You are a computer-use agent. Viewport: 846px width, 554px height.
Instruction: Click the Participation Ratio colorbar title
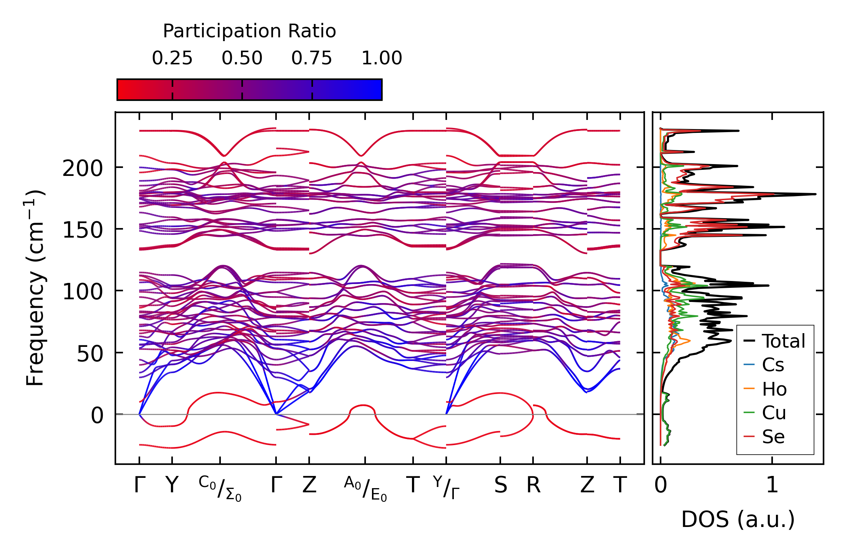[249, 31]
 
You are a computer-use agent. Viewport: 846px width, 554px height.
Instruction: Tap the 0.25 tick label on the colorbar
[172, 58]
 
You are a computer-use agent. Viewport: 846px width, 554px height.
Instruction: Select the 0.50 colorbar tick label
[242, 58]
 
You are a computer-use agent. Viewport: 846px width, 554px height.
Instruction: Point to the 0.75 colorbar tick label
[312, 58]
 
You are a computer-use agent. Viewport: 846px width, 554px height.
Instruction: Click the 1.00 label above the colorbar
[381, 58]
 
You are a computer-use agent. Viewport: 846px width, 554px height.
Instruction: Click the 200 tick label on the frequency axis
[83, 168]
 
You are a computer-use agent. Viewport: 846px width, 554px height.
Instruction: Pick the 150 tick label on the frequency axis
[83, 230]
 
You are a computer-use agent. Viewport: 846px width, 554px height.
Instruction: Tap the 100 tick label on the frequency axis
[83, 292]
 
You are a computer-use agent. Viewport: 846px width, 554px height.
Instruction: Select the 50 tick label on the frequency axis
[90, 354]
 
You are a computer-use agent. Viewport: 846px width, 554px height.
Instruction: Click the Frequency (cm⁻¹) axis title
[35, 288]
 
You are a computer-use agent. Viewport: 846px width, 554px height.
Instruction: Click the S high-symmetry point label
[501, 485]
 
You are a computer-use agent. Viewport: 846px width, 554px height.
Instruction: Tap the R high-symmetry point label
[533, 485]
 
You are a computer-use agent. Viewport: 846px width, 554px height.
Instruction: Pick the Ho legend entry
[774, 389]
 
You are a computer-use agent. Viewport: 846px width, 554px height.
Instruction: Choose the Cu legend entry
[774, 413]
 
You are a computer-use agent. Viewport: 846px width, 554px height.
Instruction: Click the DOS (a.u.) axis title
[738, 520]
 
